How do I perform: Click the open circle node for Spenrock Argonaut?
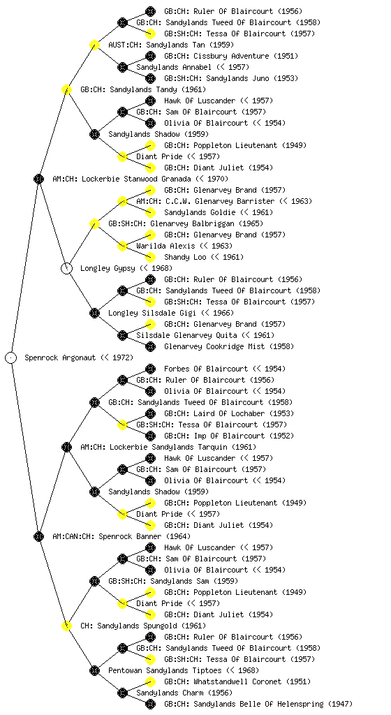[x=11, y=357]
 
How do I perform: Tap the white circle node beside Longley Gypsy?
[x=66, y=268]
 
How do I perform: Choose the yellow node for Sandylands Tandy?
[x=66, y=89]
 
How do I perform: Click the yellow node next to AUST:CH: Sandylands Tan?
[x=94, y=45]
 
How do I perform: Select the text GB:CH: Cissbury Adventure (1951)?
[x=231, y=56]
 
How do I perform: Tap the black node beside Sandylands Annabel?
[x=122, y=67]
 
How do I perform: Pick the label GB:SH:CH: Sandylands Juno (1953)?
[x=231, y=78]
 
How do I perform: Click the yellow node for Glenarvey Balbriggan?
[x=94, y=223]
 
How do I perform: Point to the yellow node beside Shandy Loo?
[x=150, y=257]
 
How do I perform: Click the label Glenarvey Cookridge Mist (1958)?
[x=229, y=346]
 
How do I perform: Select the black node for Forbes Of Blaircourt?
[x=150, y=369]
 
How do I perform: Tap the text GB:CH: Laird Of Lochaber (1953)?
[x=229, y=413]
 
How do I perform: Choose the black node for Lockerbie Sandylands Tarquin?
[x=66, y=447]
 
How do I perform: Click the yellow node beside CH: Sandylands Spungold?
[x=66, y=626]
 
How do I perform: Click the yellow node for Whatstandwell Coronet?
[x=150, y=681]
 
